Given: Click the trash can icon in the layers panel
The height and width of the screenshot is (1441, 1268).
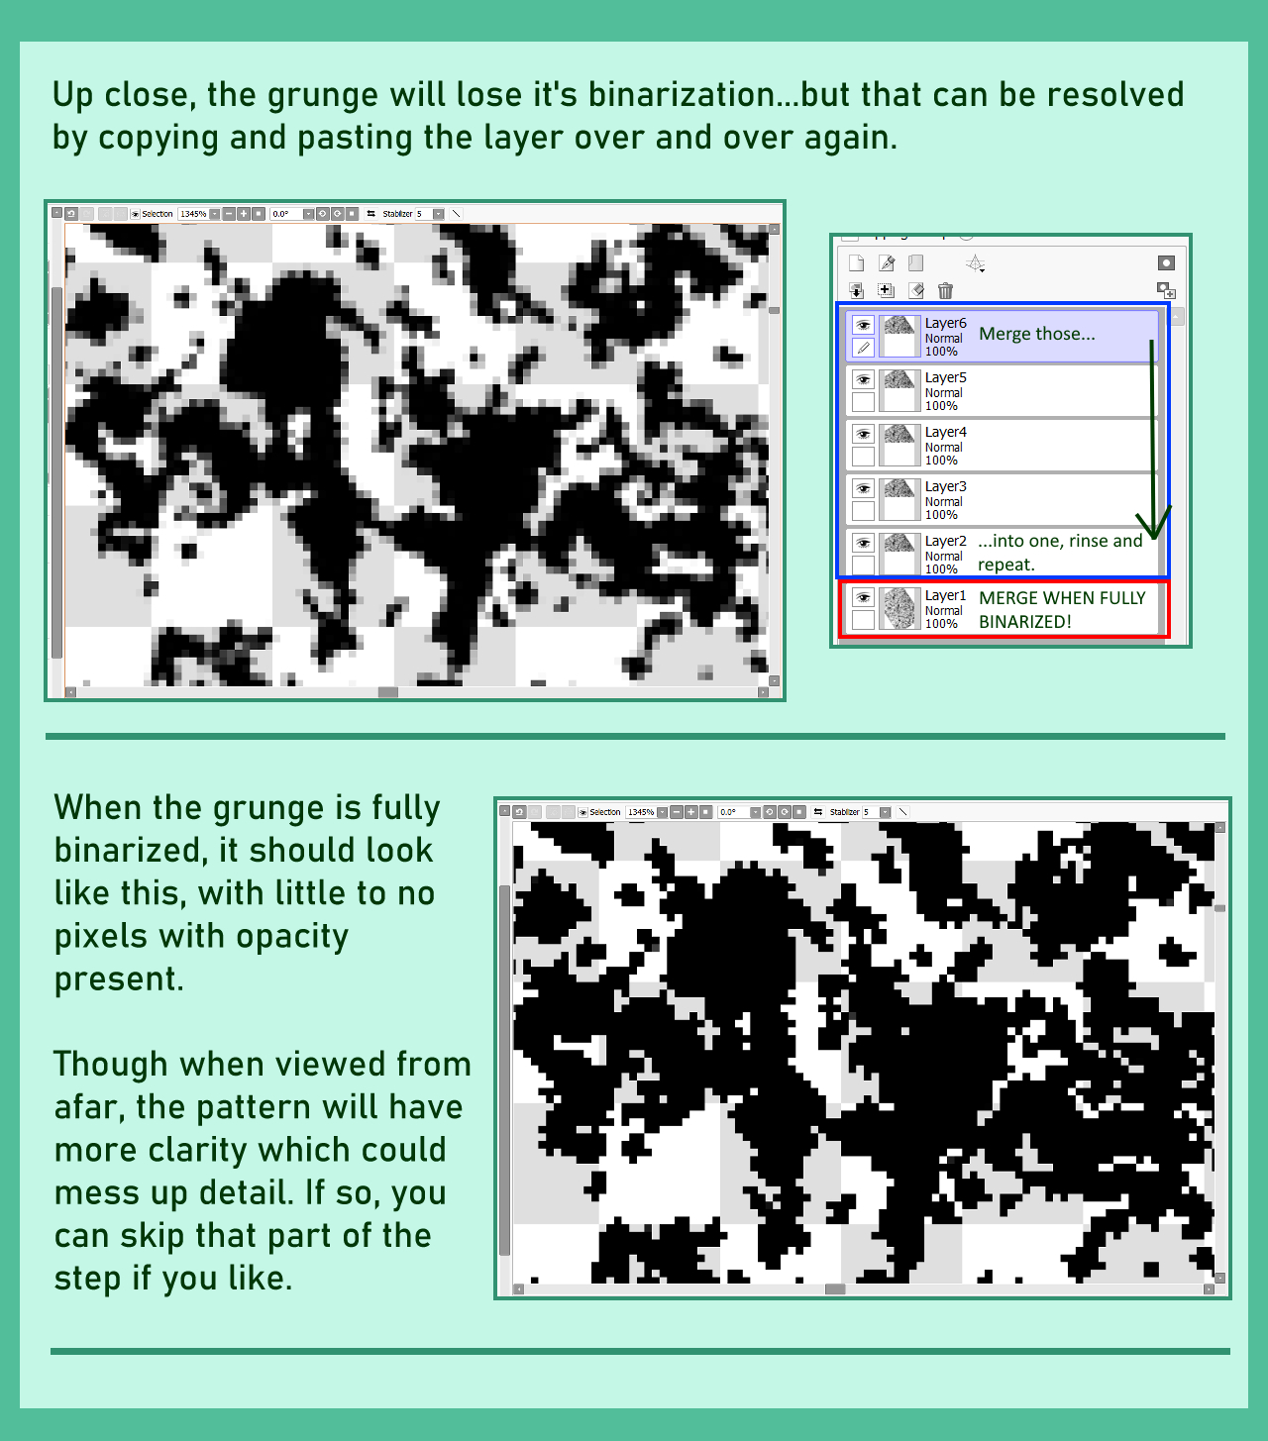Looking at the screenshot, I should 945,290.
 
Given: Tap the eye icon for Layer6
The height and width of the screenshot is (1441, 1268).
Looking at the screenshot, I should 863,325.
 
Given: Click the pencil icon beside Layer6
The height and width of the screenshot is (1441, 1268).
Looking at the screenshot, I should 863,348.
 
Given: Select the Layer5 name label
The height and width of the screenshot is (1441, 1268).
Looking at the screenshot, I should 945,377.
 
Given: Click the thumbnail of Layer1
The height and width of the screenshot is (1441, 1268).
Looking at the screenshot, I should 899,608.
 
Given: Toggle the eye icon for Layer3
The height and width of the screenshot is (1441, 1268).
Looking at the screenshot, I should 863,488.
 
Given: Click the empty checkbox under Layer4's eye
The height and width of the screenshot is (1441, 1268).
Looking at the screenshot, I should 863,457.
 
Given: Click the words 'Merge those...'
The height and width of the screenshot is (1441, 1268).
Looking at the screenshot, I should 1036,334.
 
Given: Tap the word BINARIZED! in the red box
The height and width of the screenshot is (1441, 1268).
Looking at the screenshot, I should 1024,622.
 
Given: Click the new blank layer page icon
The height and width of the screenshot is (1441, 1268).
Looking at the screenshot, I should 857,262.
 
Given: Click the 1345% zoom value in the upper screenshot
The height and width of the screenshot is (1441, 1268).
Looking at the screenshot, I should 193,214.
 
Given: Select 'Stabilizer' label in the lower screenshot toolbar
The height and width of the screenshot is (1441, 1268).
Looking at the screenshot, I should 844,812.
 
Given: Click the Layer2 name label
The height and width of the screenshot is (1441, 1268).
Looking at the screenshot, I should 945,541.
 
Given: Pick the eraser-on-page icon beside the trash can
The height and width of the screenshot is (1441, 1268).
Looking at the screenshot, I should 916,290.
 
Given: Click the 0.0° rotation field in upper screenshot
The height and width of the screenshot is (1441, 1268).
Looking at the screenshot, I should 282,214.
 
